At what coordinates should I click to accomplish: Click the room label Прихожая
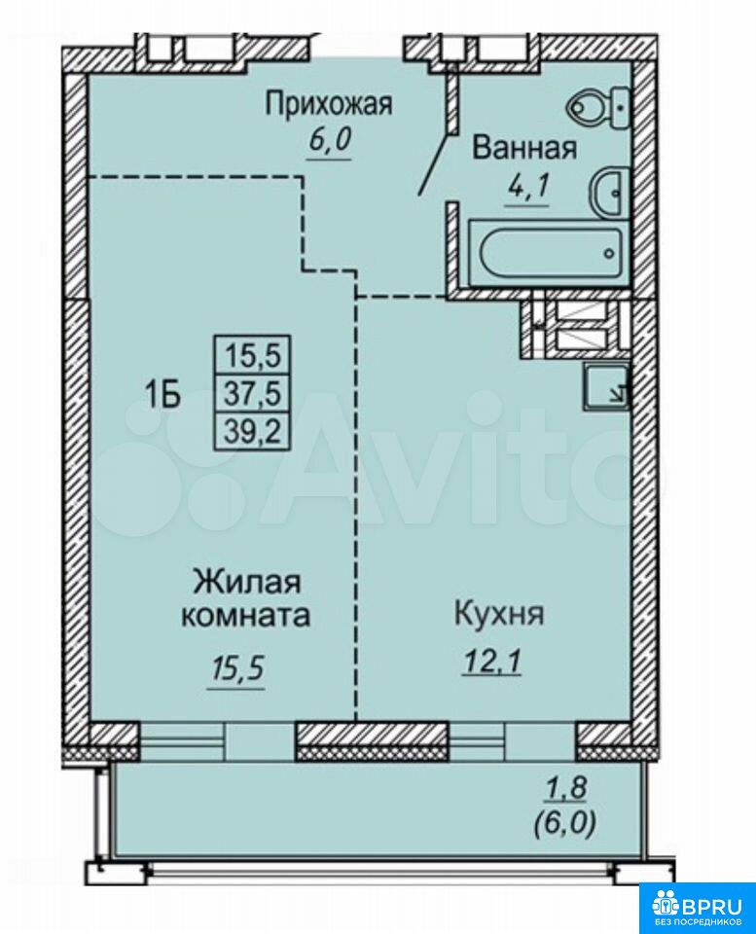(329, 104)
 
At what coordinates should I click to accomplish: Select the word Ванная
(524, 148)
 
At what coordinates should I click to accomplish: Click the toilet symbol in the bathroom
(598, 108)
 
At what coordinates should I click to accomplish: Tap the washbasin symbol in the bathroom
(609, 192)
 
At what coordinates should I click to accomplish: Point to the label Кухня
(499, 614)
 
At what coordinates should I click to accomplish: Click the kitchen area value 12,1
(492, 662)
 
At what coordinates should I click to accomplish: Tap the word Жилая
(247, 582)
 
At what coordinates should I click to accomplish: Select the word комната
(245, 615)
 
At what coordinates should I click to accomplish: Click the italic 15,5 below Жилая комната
(236, 670)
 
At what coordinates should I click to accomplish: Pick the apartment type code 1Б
(162, 394)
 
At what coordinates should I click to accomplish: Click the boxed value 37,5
(253, 393)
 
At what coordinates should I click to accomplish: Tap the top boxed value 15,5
(253, 356)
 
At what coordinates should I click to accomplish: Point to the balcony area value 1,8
(567, 788)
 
